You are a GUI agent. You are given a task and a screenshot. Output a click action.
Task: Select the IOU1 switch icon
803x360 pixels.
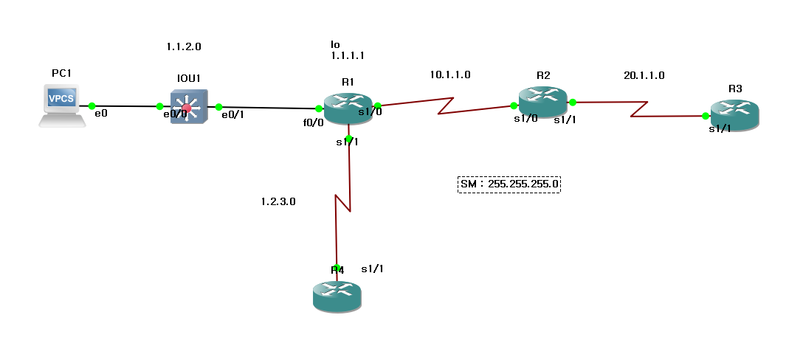click(189, 107)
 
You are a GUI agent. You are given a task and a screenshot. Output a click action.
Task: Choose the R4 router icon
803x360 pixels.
click(337, 294)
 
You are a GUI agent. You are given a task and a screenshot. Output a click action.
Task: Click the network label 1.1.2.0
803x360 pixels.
click(185, 46)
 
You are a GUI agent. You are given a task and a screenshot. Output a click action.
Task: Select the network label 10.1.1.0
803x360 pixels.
click(450, 75)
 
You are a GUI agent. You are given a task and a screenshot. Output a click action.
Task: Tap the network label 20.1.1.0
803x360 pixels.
click(644, 75)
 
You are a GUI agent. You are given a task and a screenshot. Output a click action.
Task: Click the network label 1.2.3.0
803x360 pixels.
click(278, 201)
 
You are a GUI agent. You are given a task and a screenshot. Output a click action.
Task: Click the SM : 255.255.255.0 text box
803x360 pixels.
click(509, 183)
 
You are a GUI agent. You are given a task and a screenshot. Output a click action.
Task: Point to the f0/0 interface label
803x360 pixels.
click(314, 123)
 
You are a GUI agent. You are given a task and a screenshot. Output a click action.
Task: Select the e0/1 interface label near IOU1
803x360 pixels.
click(233, 115)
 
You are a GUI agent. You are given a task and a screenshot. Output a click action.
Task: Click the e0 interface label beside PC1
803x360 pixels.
click(102, 114)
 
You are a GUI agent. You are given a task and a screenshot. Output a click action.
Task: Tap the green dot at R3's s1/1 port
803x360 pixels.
click(706, 116)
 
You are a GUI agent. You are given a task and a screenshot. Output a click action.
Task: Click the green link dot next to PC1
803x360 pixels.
click(92, 106)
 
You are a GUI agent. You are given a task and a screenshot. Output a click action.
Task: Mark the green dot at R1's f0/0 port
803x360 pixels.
click(319, 108)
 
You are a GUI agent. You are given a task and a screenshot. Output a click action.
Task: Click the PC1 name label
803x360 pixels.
click(62, 73)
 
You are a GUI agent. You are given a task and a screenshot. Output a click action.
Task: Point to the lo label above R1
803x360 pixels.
click(336, 44)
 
